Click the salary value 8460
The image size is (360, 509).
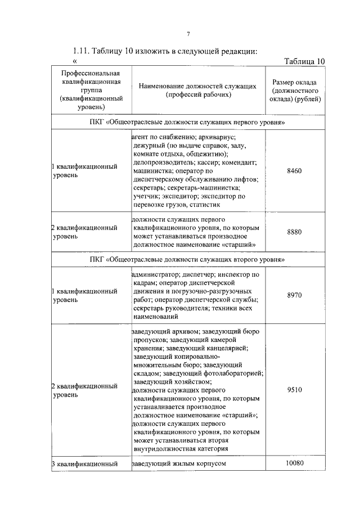(294, 170)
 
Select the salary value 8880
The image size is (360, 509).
(294, 232)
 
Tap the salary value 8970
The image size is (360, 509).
(294, 295)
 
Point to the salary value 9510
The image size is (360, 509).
(294, 390)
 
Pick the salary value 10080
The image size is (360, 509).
(294, 463)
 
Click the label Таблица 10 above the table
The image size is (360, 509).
(304, 61)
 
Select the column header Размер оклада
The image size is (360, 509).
(294, 91)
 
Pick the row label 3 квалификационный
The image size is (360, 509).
(84, 464)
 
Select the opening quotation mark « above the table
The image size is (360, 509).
(75, 62)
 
